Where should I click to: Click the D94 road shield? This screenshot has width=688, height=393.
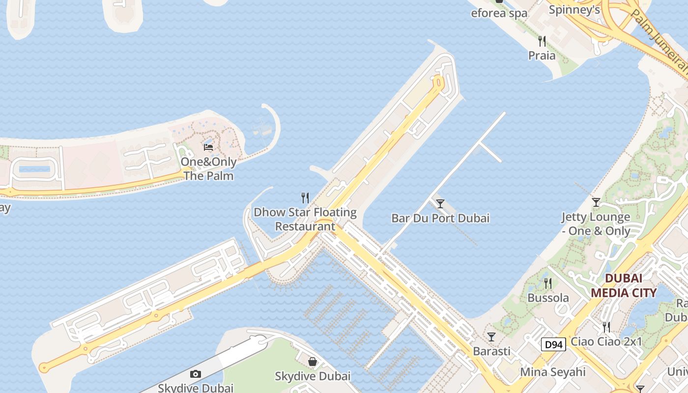coord(553,344)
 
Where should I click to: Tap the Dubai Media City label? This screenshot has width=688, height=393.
coord(623,285)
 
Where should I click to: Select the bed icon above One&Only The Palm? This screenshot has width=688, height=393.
coord(208,147)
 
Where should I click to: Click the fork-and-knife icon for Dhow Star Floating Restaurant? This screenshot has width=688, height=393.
coord(305,198)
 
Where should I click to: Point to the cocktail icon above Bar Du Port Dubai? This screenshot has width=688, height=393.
coord(440,203)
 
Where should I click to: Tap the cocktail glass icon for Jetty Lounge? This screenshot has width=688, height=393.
coord(596,202)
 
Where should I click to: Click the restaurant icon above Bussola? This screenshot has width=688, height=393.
coord(548,283)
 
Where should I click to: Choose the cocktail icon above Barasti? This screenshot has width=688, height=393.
coord(491,337)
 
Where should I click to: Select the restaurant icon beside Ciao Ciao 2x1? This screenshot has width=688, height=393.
coord(606,327)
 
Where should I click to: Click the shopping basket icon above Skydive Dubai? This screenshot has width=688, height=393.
coord(313,362)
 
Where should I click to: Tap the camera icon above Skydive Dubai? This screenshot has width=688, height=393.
coord(196,374)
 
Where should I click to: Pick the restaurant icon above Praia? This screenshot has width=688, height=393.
coord(542,41)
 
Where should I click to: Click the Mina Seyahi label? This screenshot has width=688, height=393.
coord(553,372)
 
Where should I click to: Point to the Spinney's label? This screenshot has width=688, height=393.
coord(574,10)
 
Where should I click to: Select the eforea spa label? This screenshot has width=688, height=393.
coord(499,13)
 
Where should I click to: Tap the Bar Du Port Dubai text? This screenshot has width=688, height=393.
coord(440,218)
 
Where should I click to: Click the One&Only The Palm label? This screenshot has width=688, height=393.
coord(208,168)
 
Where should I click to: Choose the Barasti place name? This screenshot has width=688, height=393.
coord(491,351)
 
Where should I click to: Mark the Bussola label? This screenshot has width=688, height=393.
coord(548,298)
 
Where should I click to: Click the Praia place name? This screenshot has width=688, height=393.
coord(542,56)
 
